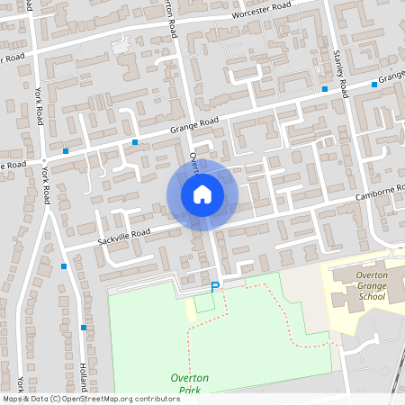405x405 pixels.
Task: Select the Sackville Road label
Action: coord(122,235)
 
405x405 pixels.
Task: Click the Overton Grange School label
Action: coord(372,285)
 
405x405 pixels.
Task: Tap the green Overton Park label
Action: coord(189,384)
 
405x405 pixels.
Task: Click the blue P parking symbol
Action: coord(214,287)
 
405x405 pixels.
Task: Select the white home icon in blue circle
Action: coord(202,193)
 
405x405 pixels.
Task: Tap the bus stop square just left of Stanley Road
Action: coord(324,88)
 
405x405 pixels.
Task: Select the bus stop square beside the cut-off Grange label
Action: coord(374,85)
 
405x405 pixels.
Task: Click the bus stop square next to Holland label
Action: coord(83,328)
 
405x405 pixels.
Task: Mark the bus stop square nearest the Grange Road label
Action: coord(135,142)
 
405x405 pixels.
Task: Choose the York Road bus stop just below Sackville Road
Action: coord(64,266)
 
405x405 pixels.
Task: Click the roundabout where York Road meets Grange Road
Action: coord(43,163)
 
